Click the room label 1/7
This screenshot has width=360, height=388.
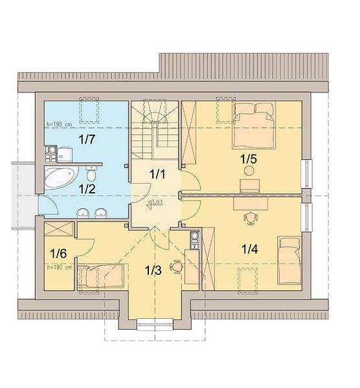(87, 139)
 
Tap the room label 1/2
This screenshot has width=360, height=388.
(87, 189)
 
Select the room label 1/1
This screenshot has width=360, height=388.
(157, 175)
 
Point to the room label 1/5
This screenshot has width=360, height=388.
(249, 159)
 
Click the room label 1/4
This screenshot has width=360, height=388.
(250, 249)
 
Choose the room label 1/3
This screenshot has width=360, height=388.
(153, 270)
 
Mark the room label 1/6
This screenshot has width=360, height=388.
(58, 253)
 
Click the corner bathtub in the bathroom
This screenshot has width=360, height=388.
(61, 177)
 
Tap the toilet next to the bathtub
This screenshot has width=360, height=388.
(91, 173)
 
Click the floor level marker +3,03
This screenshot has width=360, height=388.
(155, 202)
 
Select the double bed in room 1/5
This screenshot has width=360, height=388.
(254, 125)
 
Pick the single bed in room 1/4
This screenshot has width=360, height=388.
(289, 261)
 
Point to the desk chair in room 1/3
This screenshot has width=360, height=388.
(176, 266)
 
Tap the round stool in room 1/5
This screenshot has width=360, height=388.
(249, 171)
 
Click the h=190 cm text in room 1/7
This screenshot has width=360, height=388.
(59, 124)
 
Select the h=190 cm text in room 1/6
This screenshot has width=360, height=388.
(60, 268)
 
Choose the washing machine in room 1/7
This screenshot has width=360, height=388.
(65, 155)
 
